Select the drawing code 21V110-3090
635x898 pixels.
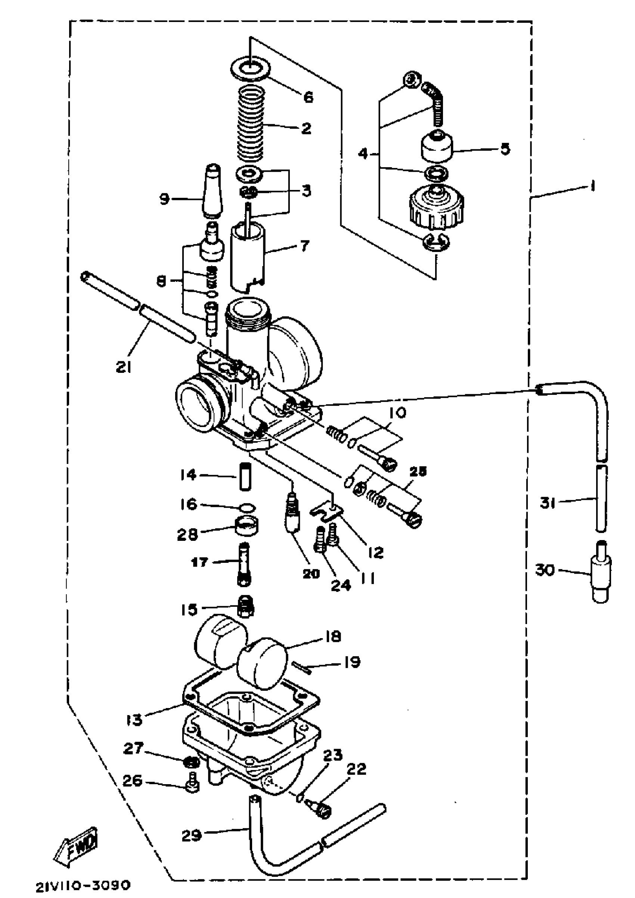[83, 885]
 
